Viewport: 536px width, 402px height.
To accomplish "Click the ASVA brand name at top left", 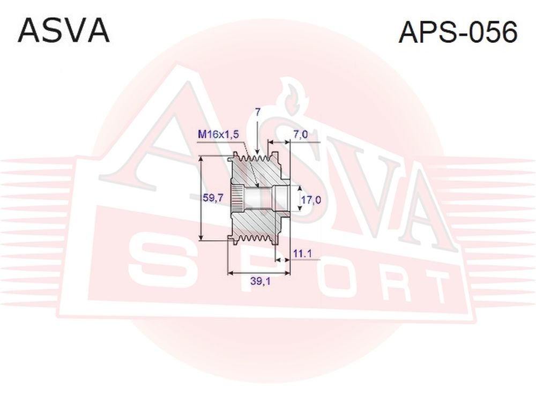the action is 64,31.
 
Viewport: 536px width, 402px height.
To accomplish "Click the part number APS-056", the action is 458,32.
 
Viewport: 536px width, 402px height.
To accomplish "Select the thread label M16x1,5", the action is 219,135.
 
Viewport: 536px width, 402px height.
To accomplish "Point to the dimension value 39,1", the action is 260,281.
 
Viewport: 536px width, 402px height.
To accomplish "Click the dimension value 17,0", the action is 311,199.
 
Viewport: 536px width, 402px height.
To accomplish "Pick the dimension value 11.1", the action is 302,254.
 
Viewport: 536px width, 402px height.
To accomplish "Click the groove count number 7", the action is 258,112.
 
